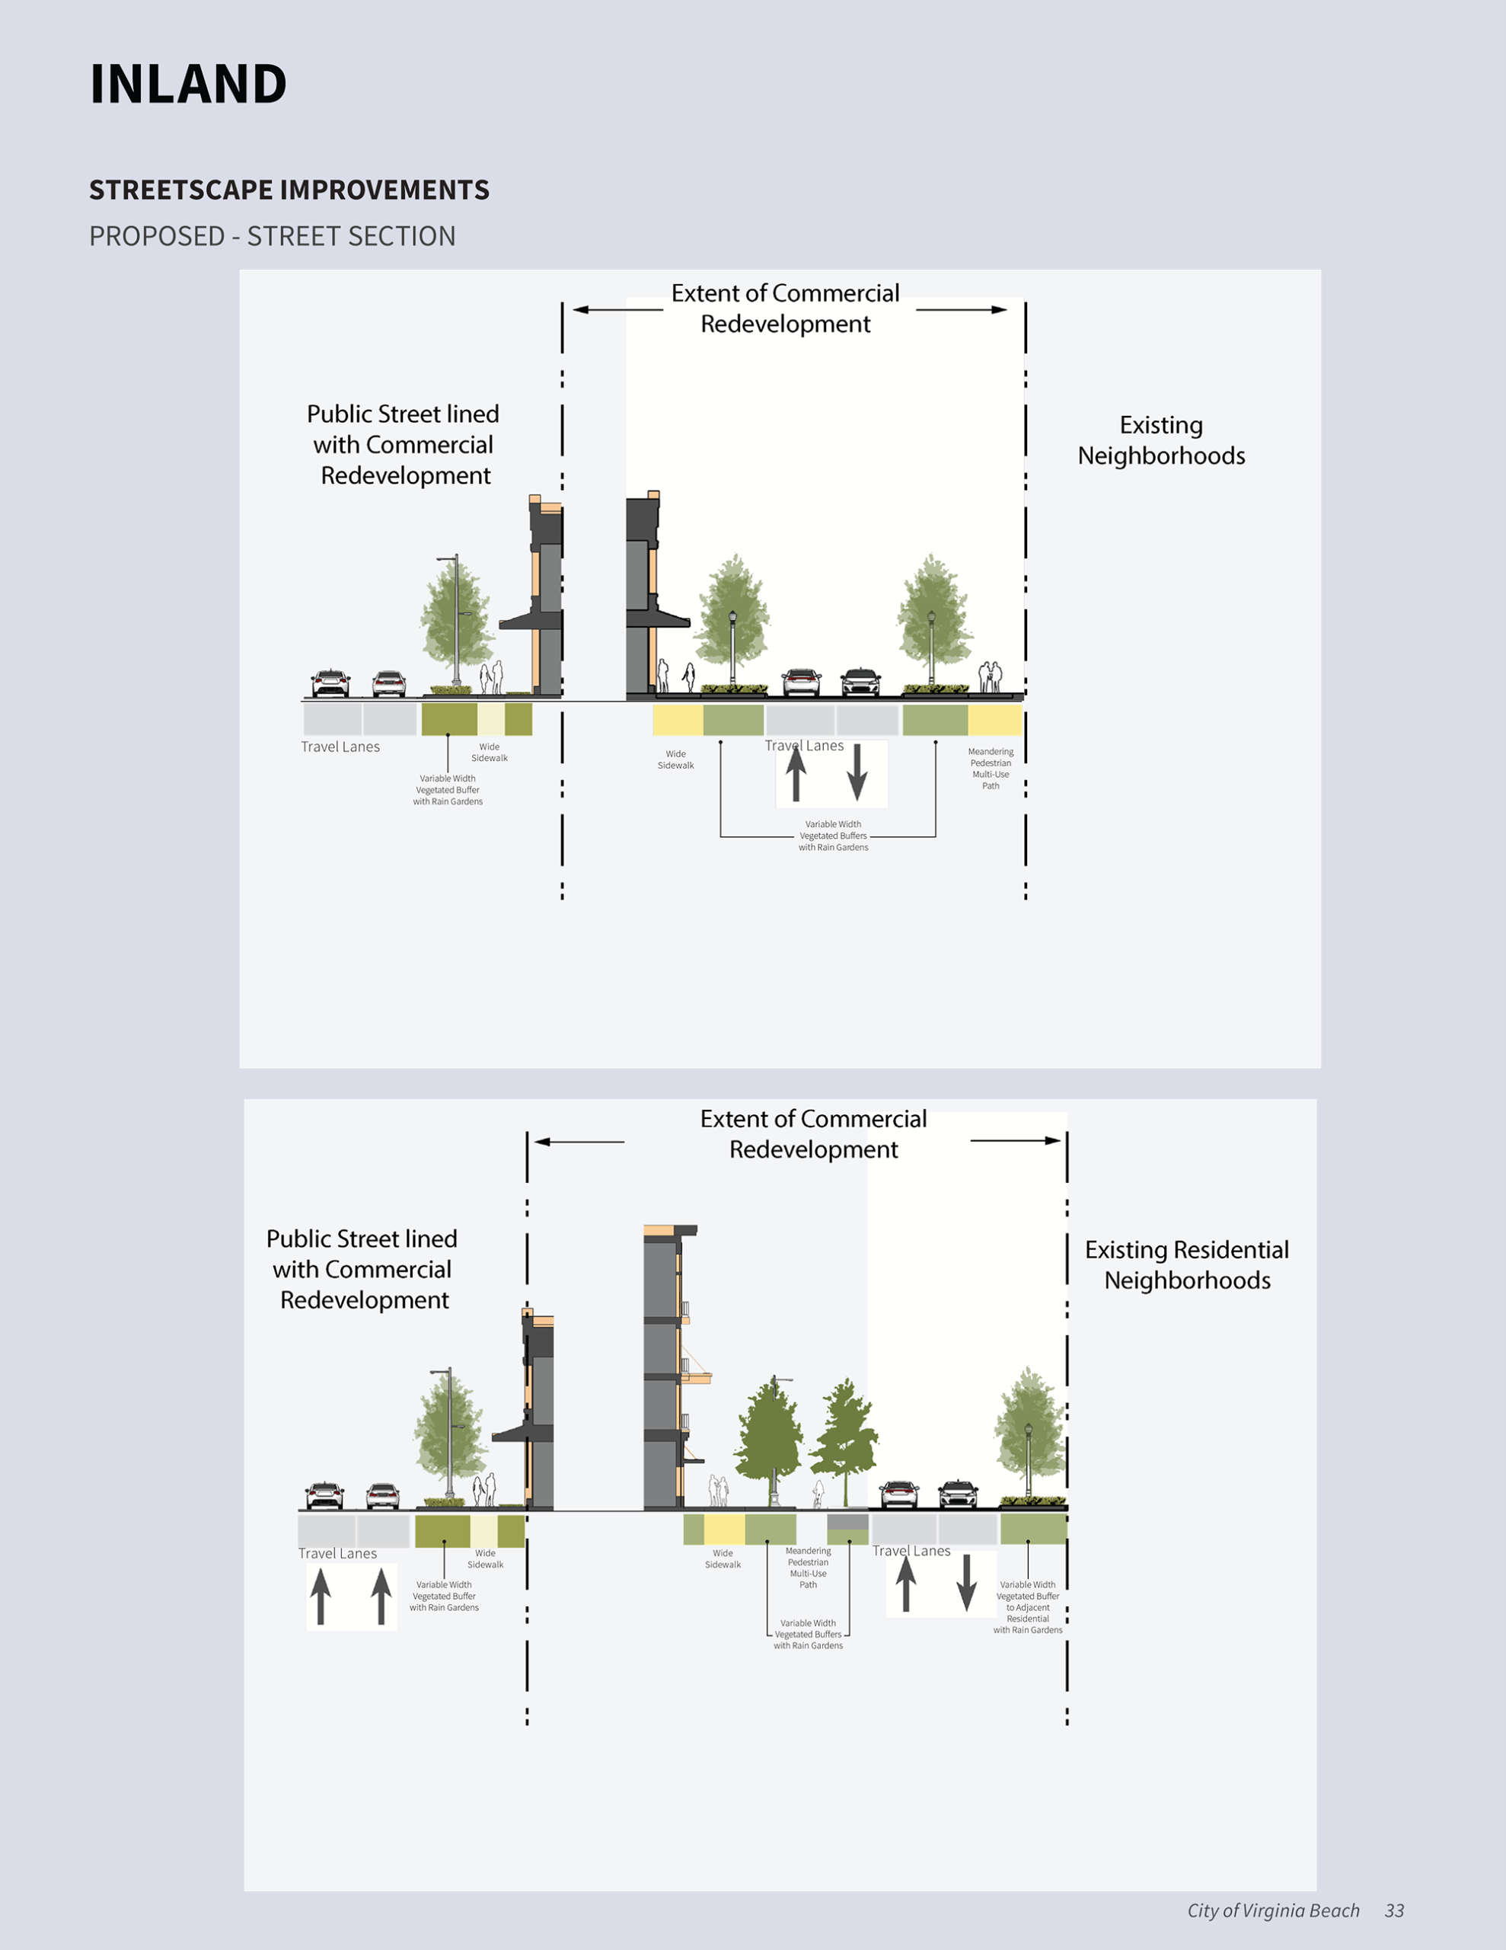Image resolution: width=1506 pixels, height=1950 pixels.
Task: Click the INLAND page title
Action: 188,85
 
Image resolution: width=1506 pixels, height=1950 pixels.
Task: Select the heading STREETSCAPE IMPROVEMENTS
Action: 289,190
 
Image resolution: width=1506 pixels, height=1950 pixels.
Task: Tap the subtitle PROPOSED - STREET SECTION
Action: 273,237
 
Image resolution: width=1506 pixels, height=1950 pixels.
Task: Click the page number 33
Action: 1394,1910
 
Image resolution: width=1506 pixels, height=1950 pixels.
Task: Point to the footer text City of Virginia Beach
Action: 1273,1910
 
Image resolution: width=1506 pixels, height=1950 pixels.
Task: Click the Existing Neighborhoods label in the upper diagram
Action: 1160,440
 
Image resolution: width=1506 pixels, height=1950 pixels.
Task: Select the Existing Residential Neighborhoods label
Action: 1186,1264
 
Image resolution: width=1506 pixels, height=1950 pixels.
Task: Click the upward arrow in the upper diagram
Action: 796,772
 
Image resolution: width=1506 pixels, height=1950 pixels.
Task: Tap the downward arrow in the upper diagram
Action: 857,772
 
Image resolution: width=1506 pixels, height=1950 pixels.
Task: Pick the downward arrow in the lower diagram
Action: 966,1583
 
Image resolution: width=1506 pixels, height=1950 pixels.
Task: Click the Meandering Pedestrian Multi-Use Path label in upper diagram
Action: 991,769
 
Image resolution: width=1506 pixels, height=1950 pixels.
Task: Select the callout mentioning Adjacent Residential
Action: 1028,1607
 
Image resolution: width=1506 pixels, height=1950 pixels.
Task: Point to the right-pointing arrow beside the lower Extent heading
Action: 1016,1140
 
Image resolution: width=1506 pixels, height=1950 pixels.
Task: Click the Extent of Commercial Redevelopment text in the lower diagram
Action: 813,1134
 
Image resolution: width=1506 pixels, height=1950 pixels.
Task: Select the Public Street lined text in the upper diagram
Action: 404,445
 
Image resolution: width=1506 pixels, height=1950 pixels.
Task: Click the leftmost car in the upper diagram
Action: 330,683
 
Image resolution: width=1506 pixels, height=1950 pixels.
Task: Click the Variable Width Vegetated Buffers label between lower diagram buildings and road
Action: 808,1634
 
